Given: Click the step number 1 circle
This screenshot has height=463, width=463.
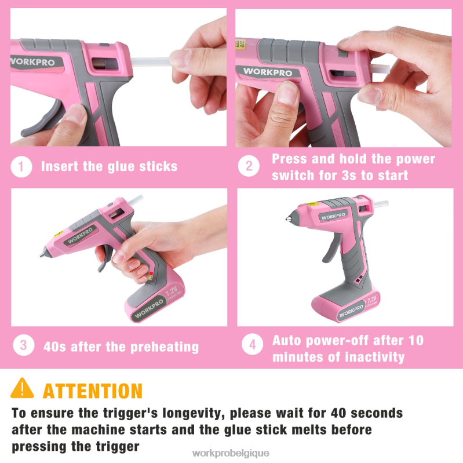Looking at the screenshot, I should [x=21, y=167].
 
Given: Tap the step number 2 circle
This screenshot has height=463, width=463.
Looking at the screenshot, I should [x=249, y=167].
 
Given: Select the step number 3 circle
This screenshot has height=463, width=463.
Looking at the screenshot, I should [x=23, y=346].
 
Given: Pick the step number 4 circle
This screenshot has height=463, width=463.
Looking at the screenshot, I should [x=253, y=346].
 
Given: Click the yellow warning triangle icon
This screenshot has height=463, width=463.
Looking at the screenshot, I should [x=23, y=388].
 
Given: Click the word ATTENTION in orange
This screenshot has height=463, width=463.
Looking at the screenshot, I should [x=93, y=390].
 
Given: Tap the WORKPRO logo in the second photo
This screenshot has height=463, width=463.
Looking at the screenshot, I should [x=267, y=72].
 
